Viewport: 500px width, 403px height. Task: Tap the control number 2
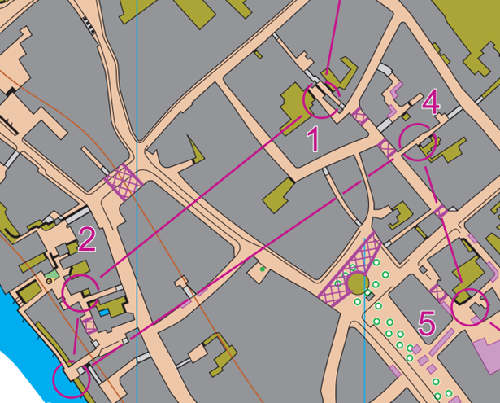click(x=87, y=239)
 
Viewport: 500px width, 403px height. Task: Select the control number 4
click(x=431, y=103)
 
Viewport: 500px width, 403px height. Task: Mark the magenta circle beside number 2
click(x=80, y=291)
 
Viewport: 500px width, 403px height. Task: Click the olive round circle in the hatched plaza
click(x=357, y=283)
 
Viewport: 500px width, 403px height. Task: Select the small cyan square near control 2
click(x=102, y=311)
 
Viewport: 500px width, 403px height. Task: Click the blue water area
click(x=16, y=326)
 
